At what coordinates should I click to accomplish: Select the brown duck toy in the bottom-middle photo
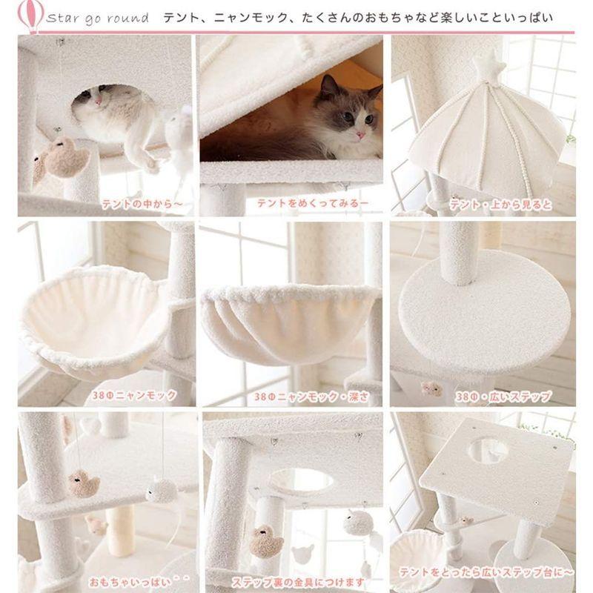[265, 541]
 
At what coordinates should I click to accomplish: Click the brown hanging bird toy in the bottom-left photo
[84, 483]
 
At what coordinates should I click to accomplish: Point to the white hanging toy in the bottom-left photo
[161, 489]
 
